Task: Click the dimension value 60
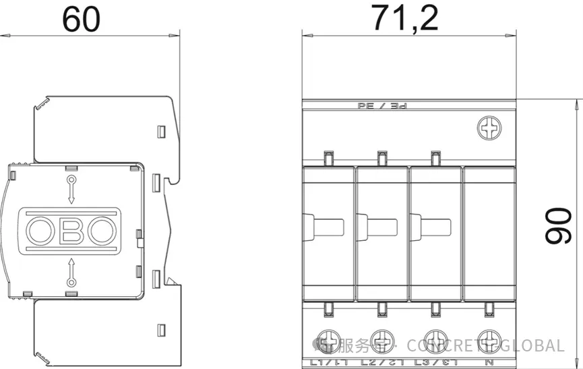coord(81,19)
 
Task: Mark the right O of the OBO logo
coord(102,231)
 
